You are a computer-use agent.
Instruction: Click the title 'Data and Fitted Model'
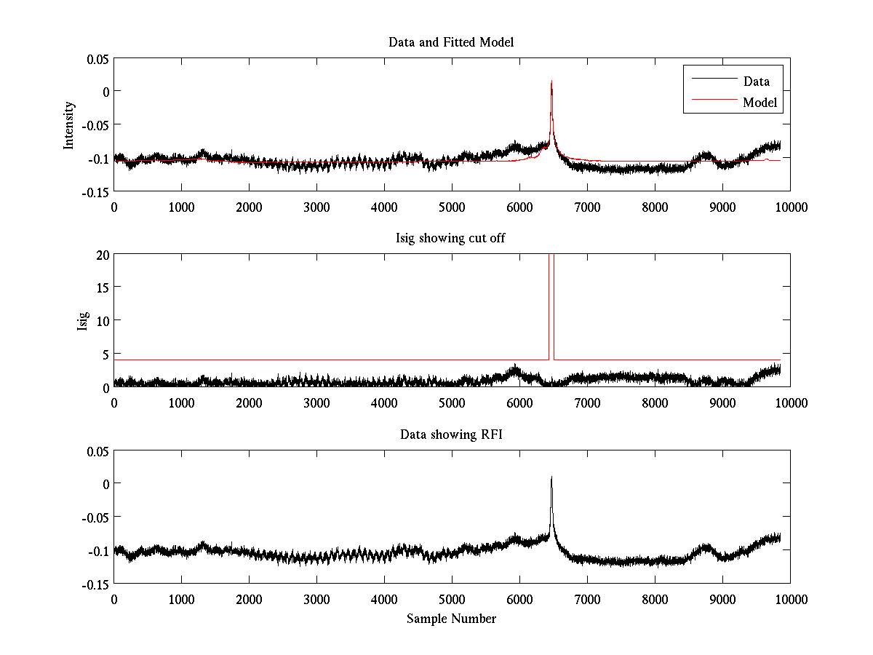click(451, 42)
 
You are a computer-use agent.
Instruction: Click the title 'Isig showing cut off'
click(451, 239)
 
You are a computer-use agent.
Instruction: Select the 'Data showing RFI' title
click(451, 434)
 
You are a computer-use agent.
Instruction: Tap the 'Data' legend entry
click(756, 82)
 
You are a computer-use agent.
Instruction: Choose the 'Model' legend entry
click(760, 103)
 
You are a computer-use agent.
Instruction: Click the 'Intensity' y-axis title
click(69, 124)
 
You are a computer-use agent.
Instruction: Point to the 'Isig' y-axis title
click(83, 320)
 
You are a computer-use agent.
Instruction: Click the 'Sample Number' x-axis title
click(451, 619)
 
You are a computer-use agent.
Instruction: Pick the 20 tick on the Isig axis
click(100, 255)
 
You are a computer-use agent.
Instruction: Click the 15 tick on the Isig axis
click(100, 287)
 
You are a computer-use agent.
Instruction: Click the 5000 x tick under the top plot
click(452, 207)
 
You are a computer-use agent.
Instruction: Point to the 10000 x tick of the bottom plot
click(790, 599)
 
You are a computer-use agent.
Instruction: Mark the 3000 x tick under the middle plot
click(316, 402)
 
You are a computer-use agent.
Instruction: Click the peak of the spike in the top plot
click(552, 81)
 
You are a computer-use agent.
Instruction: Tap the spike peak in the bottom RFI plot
click(551, 477)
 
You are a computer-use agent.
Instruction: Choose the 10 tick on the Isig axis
click(100, 320)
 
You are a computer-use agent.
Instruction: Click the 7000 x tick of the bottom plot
click(587, 599)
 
